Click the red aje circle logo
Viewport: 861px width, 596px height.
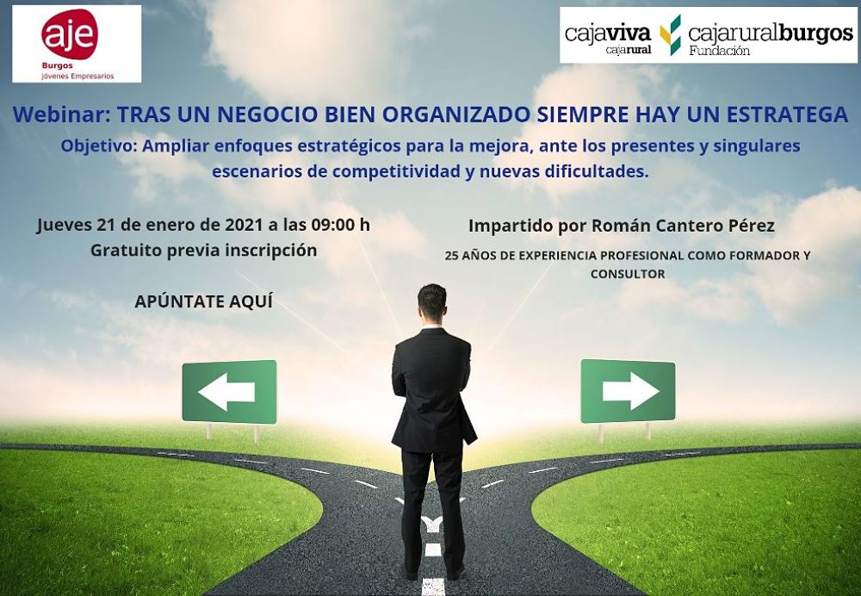(x=70, y=34)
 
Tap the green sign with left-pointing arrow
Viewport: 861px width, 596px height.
(x=229, y=392)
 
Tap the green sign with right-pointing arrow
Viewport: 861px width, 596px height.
(x=628, y=391)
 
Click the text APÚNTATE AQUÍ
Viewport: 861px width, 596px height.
(x=204, y=301)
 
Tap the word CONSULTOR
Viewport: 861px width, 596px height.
(x=627, y=274)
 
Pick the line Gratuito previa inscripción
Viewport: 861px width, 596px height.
(x=204, y=250)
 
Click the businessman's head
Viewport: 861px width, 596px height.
(x=431, y=301)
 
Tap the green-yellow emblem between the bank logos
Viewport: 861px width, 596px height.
(x=670, y=35)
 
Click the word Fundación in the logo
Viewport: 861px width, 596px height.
(x=720, y=52)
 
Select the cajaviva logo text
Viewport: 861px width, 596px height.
(x=608, y=34)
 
